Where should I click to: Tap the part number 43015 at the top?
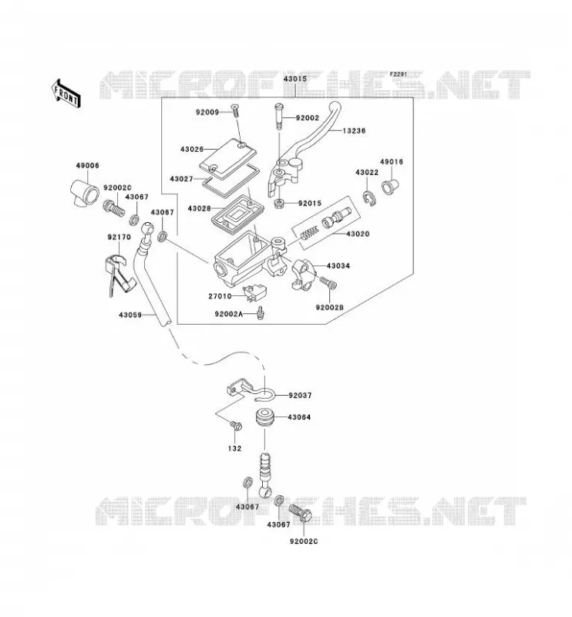pos(295,79)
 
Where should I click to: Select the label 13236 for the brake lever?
pos(354,130)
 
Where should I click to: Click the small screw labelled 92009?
pos(236,110)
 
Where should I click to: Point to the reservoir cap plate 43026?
pos(226,155)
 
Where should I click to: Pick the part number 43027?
pos(181,179)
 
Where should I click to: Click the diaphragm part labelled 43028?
pos(234,214)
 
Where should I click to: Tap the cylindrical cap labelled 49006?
pos(84,194)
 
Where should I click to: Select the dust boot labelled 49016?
pos(390,186)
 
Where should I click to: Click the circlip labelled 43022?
pos(369,198)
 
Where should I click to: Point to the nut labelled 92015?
pos(279,204)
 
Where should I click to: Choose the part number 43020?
pos(358,234)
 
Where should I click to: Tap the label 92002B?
pos(329,307)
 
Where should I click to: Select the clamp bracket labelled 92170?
pos(119,275)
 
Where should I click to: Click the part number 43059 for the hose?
pos(130,315)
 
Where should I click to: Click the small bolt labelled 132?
pos(236,426)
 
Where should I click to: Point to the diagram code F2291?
pos(399,74)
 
